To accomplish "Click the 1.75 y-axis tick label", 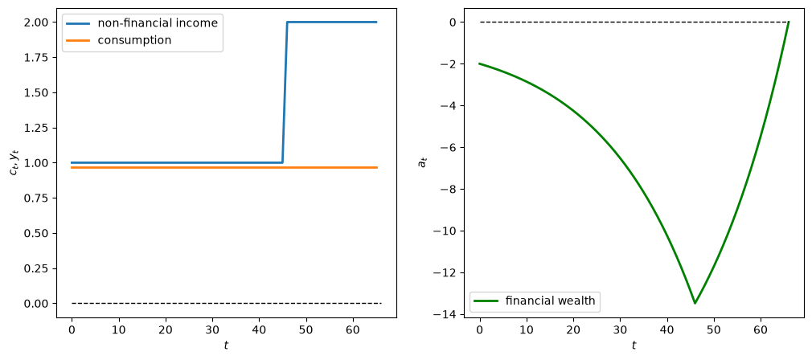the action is (39, 57).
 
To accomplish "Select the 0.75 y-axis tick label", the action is (39, 198).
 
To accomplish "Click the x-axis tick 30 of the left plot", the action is (212, 329).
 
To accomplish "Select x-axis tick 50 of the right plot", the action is (714, 329).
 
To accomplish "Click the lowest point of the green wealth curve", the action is (695, 303).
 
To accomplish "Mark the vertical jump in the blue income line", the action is (285, 92).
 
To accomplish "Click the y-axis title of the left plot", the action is (13, 162).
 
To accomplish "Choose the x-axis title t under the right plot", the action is (634, 345).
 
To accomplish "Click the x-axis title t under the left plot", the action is (226, 345).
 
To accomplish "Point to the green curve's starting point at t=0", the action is (480, 63).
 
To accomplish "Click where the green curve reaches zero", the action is (788, 22).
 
